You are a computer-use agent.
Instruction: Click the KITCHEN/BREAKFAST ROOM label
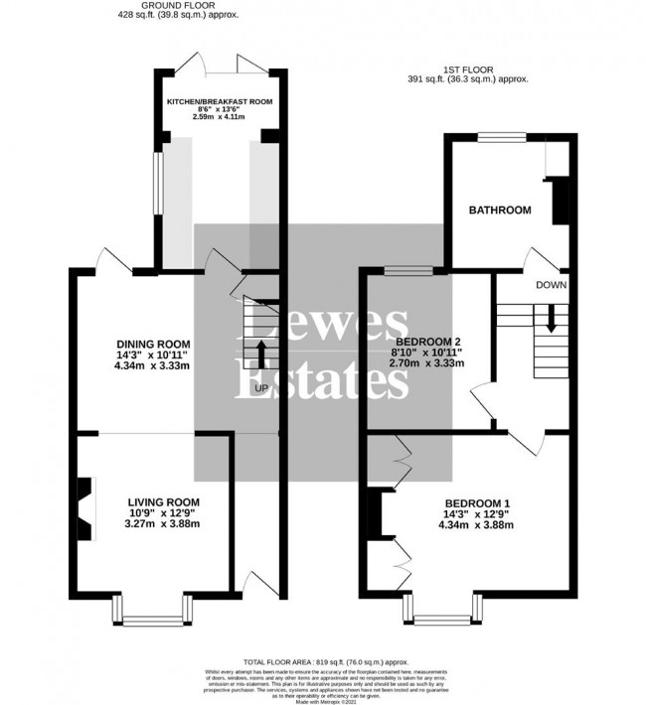(x=220, y=101)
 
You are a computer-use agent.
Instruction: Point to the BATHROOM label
(x=500, y=211)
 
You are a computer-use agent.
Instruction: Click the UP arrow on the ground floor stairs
(x=261, y=352)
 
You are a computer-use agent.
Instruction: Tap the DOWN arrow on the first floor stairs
(x=550, y=319)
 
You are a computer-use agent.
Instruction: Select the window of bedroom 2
(x=404, y=269)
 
